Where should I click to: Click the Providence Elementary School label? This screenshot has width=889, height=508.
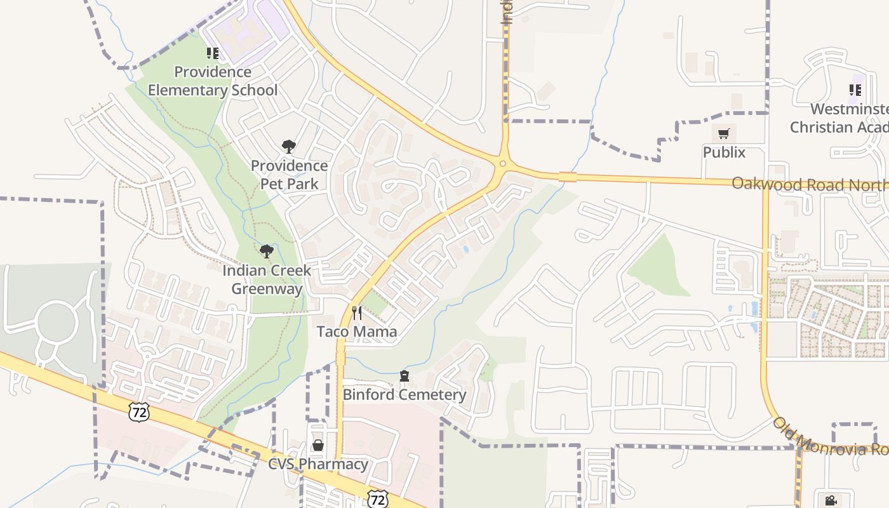213,81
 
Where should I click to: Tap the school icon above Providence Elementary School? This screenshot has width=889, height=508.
213,53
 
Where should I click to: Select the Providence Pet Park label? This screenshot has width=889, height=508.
289,175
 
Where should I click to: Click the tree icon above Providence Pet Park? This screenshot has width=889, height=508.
289,147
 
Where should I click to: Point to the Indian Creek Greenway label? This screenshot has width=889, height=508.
267,279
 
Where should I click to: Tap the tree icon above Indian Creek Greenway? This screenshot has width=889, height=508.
267,251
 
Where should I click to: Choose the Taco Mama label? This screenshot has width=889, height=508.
357,331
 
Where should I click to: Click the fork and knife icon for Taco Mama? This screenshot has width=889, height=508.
357,313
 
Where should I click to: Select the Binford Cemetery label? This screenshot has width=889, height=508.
404,394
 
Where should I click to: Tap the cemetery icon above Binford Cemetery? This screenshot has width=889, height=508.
404,377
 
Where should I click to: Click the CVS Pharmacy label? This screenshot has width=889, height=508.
318,464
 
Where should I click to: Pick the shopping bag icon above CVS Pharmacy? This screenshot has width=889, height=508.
318,445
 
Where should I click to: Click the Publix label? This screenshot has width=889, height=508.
724,152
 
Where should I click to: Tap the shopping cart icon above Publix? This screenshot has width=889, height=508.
724,134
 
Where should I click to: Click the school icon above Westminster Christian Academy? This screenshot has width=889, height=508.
855,90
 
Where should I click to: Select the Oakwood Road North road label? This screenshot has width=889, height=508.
810,184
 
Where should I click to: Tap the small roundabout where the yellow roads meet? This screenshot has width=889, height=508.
502,164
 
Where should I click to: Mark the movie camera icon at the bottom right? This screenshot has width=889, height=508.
831,500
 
